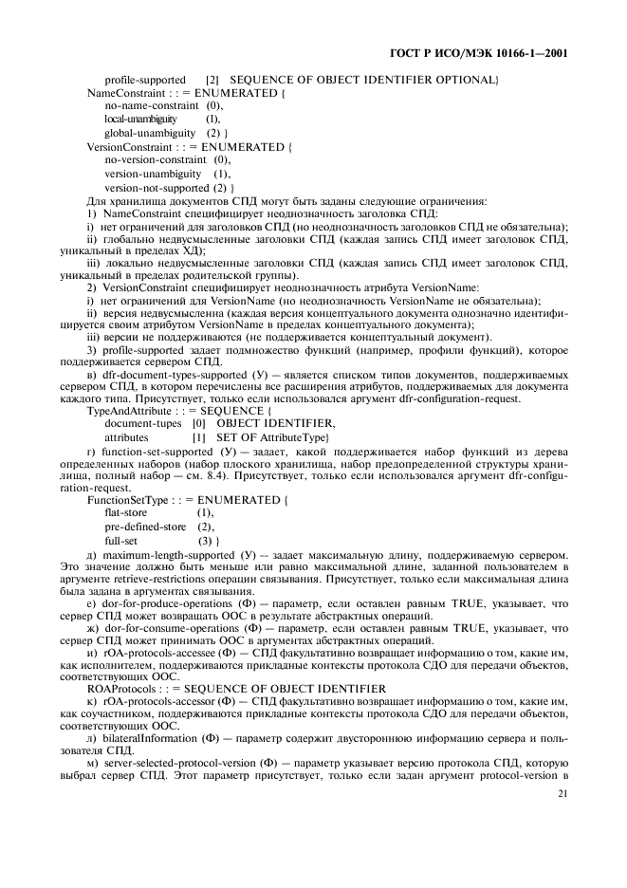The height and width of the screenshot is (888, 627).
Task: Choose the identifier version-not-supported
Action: tap(157, 188)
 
